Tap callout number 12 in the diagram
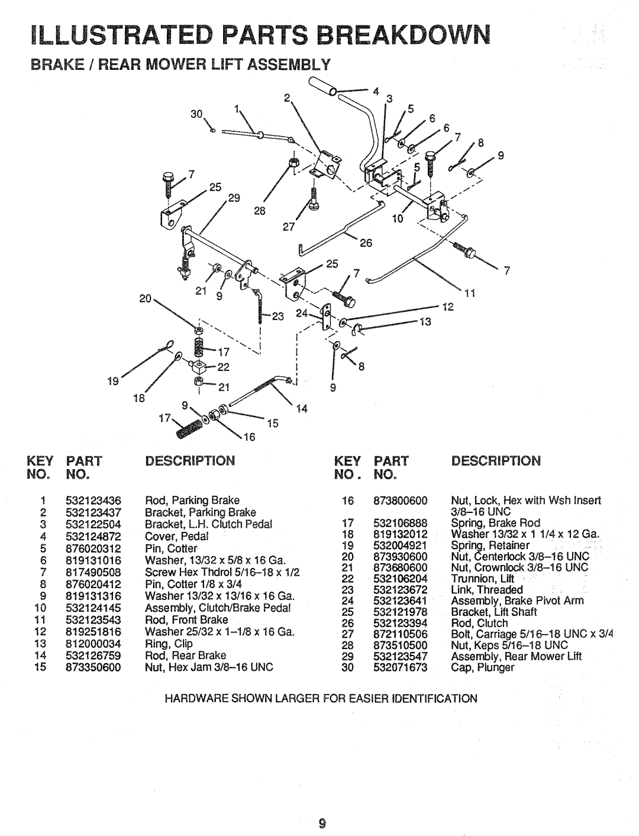pyautogui.click(x=448, y=308)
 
